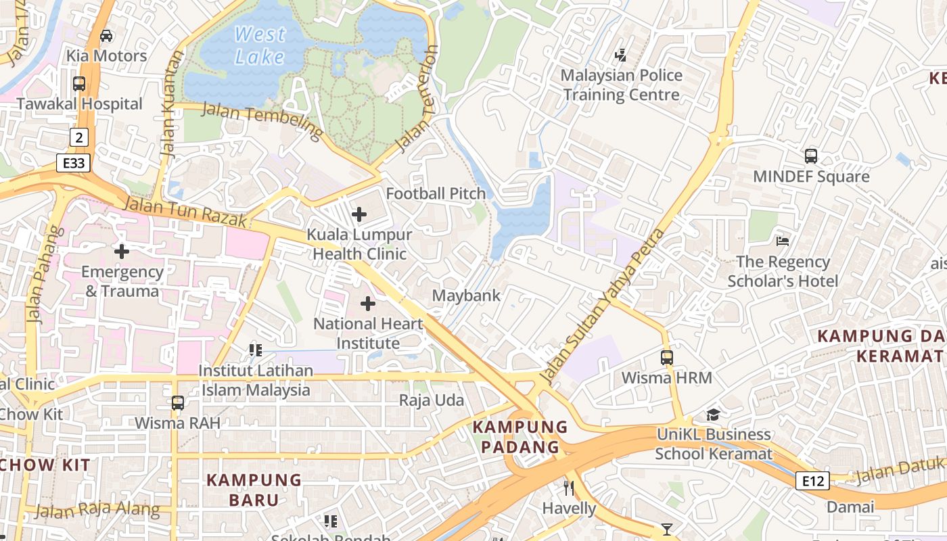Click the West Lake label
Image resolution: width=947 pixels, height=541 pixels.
tap(260, 45)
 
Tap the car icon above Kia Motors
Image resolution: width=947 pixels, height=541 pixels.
tap(106, 36)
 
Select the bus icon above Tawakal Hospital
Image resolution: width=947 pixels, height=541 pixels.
tap(79, 84)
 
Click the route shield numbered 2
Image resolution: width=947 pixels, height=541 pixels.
tap(79, 138)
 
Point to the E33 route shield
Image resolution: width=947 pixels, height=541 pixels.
tap(73, 163)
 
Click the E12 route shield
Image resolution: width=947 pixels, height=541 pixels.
tap(812, 481)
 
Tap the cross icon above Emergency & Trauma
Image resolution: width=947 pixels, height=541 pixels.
tap(122, 252)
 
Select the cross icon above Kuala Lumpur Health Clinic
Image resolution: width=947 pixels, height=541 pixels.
tap(359, 215)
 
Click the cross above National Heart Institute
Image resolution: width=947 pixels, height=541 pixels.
tap(368, 304)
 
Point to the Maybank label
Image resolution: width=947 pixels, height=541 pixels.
tap(466, 296)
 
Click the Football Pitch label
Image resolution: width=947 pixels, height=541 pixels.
tap(436, 193)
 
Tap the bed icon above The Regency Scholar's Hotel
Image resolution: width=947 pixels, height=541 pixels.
tap(783, 241)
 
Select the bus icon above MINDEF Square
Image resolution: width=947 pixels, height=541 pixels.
tap(811, 156)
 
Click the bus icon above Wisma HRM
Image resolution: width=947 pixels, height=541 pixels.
tap(667, 357)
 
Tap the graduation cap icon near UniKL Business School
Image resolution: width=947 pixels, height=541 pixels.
tap(713, 414)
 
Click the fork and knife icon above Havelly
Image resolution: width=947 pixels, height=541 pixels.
tap(569, 488)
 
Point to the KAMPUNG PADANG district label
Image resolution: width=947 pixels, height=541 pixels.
tap(519, 437)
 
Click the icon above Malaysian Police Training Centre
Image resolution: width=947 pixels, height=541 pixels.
tap(620, 55)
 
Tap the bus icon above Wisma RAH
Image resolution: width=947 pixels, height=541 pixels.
tap(177, 403)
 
